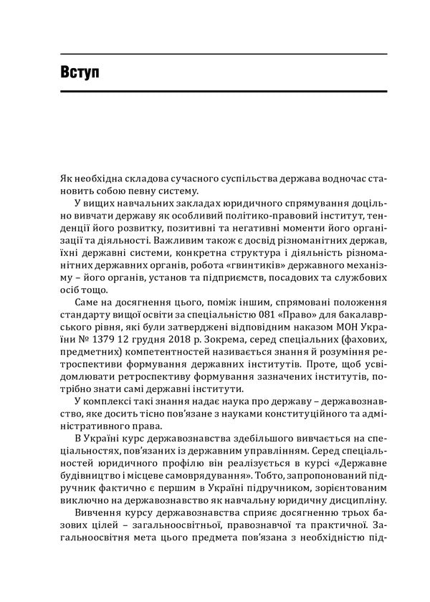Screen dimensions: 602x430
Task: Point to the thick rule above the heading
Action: (x=215, y=54)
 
